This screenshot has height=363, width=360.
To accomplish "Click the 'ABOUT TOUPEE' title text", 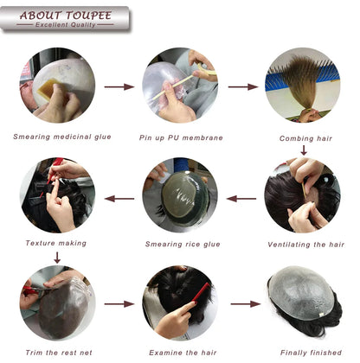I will (x=60, y=15).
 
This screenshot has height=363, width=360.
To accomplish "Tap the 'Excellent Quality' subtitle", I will (x=59, y=25).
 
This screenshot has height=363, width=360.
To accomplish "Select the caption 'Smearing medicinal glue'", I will (x=57, y=137).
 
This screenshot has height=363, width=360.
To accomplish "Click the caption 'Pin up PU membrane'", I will (x=181, y=137).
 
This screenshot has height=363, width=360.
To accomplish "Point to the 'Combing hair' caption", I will (x=302, y=137).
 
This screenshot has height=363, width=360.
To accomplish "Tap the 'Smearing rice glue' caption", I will (x=181, y=244).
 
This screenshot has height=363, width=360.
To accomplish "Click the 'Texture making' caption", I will (x=56, y=243).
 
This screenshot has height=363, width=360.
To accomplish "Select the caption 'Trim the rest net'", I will (x=56, y=353).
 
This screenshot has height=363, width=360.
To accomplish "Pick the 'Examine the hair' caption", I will (x=181, y=353).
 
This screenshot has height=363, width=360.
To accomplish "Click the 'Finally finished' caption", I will (x=303, y=353).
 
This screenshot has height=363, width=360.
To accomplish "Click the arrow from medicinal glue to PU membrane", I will (x=119, y=86).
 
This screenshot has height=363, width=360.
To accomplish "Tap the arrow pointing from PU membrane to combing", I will (x=243, y=86).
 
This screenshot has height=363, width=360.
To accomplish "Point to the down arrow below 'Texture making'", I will (x=56, y=257).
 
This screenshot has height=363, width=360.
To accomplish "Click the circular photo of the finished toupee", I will (x=303, y=303).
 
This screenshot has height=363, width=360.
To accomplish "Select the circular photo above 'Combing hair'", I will (x=302, y=84).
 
